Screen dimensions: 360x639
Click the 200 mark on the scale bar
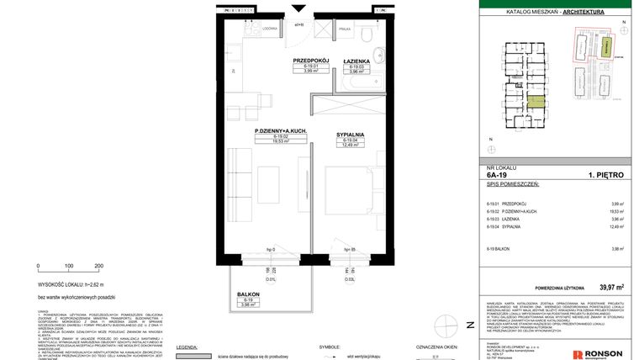tap(99, 265)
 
